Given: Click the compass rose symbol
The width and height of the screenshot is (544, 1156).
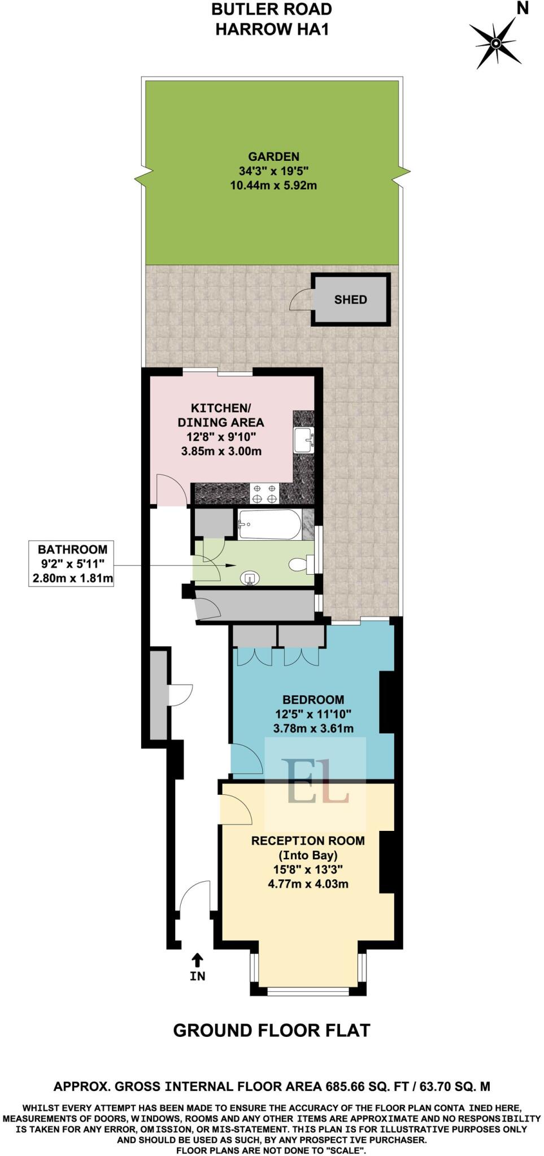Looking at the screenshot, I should point(495,43).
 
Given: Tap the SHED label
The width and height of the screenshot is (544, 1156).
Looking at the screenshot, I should point(350,300).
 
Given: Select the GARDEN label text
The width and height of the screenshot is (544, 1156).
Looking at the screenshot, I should point(274,157).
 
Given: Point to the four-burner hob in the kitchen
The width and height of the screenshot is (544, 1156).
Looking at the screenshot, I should point(265,494).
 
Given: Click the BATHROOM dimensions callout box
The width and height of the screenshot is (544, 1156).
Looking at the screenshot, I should point(71,563).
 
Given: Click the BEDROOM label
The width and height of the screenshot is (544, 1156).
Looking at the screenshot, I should point(313,700).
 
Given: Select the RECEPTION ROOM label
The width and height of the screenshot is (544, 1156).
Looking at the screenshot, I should point(308,840).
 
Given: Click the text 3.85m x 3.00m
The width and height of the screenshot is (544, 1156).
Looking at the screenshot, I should point(221,451).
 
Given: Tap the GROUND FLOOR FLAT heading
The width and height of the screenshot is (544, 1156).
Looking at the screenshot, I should point(271,1030).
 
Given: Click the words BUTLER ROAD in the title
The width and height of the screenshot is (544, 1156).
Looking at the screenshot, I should point(271,9).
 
